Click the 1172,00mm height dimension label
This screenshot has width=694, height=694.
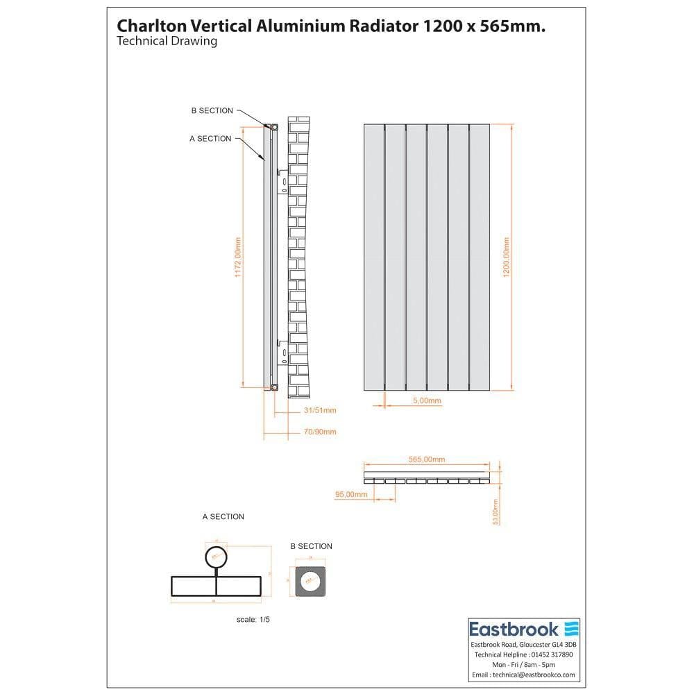click(x=237, y=258)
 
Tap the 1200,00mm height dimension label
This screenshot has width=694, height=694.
click(x=507, y=258)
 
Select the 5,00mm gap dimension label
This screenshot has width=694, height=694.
click(x=427, y=401)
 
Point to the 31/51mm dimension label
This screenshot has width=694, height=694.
click(x=320, y=410)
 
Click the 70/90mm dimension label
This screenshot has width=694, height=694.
click(x=320, y=432)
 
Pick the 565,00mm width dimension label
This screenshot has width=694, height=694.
click(x=426, y=459)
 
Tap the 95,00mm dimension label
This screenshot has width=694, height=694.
click(x=350, y=494)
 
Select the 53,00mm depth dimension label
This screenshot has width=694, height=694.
click(x=496, y=512)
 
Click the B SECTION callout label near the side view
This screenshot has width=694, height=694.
click(x=212, y=110)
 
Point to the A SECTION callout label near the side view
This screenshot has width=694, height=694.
click(x=210, y=139)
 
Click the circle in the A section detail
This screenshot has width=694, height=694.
click(x=216, y=557)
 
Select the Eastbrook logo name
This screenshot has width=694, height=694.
click(x=514, y=629)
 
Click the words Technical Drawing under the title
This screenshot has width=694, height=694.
click(x=167, y=41)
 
